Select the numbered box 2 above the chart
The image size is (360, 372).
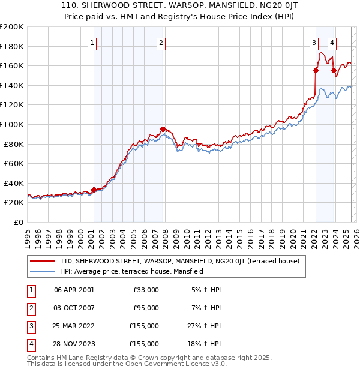162,43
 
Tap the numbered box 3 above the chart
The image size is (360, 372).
314,43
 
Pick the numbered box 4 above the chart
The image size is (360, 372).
332,43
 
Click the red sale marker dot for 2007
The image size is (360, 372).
163,129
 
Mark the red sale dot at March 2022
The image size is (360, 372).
316,70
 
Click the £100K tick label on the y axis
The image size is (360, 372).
12,124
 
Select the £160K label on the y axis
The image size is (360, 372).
12,65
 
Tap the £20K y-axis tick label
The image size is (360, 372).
14,203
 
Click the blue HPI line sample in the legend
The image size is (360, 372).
42,271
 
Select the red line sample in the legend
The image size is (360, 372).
42,261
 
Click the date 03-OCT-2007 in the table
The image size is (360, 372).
74,308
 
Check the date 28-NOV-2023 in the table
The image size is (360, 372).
74,344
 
